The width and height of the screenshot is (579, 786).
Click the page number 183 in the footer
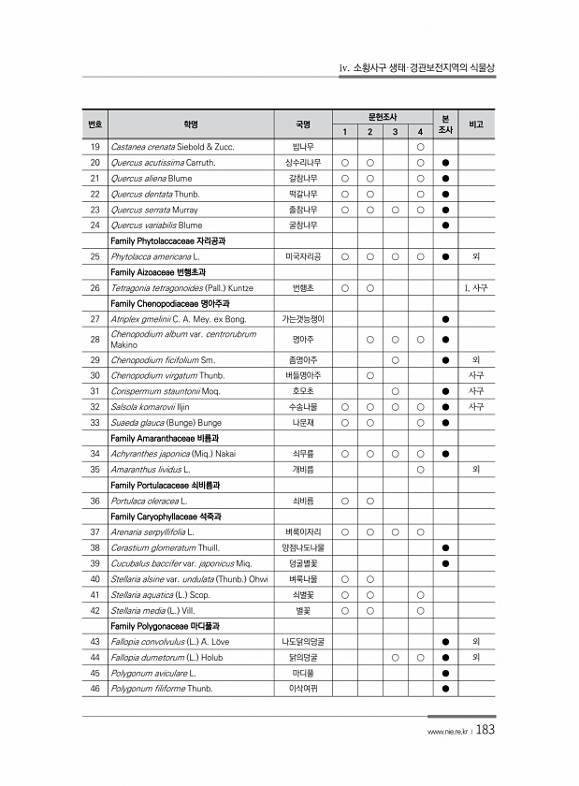pos(485,732)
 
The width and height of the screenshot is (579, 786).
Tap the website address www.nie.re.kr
pos(447,733)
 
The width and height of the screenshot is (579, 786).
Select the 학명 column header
pos(191,124)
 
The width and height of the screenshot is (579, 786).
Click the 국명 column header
pos(303,124)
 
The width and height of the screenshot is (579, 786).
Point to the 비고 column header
pos(476,124)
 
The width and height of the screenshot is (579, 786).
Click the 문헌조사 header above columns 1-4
pos(382,117)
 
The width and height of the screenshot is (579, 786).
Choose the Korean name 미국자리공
pos(303,255)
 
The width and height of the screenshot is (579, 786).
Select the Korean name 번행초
pos(303,287)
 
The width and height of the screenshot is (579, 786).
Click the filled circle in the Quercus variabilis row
pos(446,225)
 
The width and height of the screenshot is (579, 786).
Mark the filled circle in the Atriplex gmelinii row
pos(446,319)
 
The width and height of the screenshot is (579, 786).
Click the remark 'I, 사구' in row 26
pos(476,287)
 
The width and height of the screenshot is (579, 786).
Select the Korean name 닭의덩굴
pos(303,657)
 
